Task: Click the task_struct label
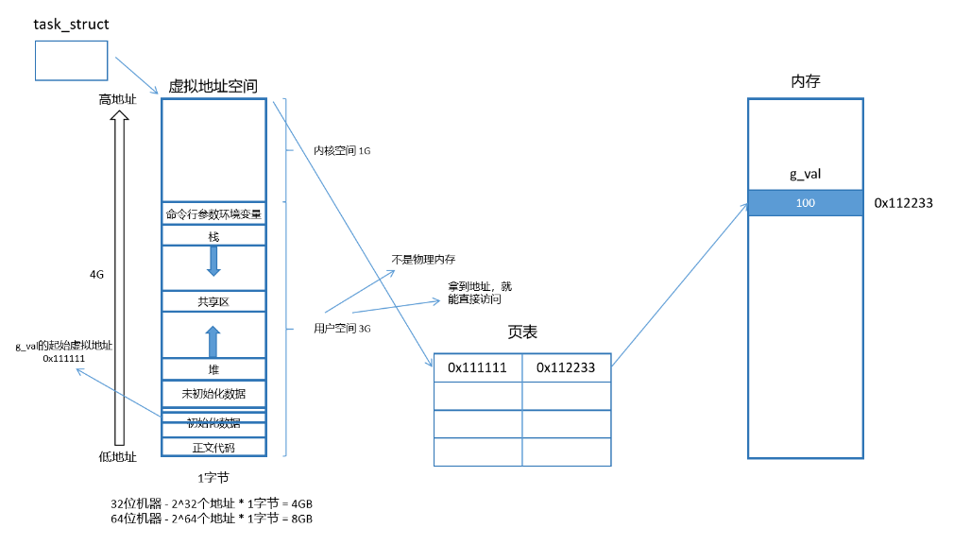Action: point(71,24)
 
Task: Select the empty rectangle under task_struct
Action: point(72,60)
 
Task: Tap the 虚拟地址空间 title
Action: point(213,86)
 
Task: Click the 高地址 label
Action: point(118,99)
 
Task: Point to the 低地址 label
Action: point(118,456)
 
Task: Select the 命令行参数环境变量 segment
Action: point(213,213)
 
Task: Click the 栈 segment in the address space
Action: point(213,235)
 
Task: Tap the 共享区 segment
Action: point(213,301)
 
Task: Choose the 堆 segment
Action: point(213,369)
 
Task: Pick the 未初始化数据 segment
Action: point(213,393)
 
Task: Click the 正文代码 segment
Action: point(213,447)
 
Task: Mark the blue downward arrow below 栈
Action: point(213,261)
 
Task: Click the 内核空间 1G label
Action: point(342,150)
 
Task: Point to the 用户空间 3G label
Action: point(342,329)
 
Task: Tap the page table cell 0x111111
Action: point(478,367)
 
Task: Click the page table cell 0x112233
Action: point(566,367)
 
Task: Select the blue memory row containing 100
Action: point(805,203)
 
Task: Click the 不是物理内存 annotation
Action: point(423,259)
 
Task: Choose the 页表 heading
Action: point(522,332)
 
